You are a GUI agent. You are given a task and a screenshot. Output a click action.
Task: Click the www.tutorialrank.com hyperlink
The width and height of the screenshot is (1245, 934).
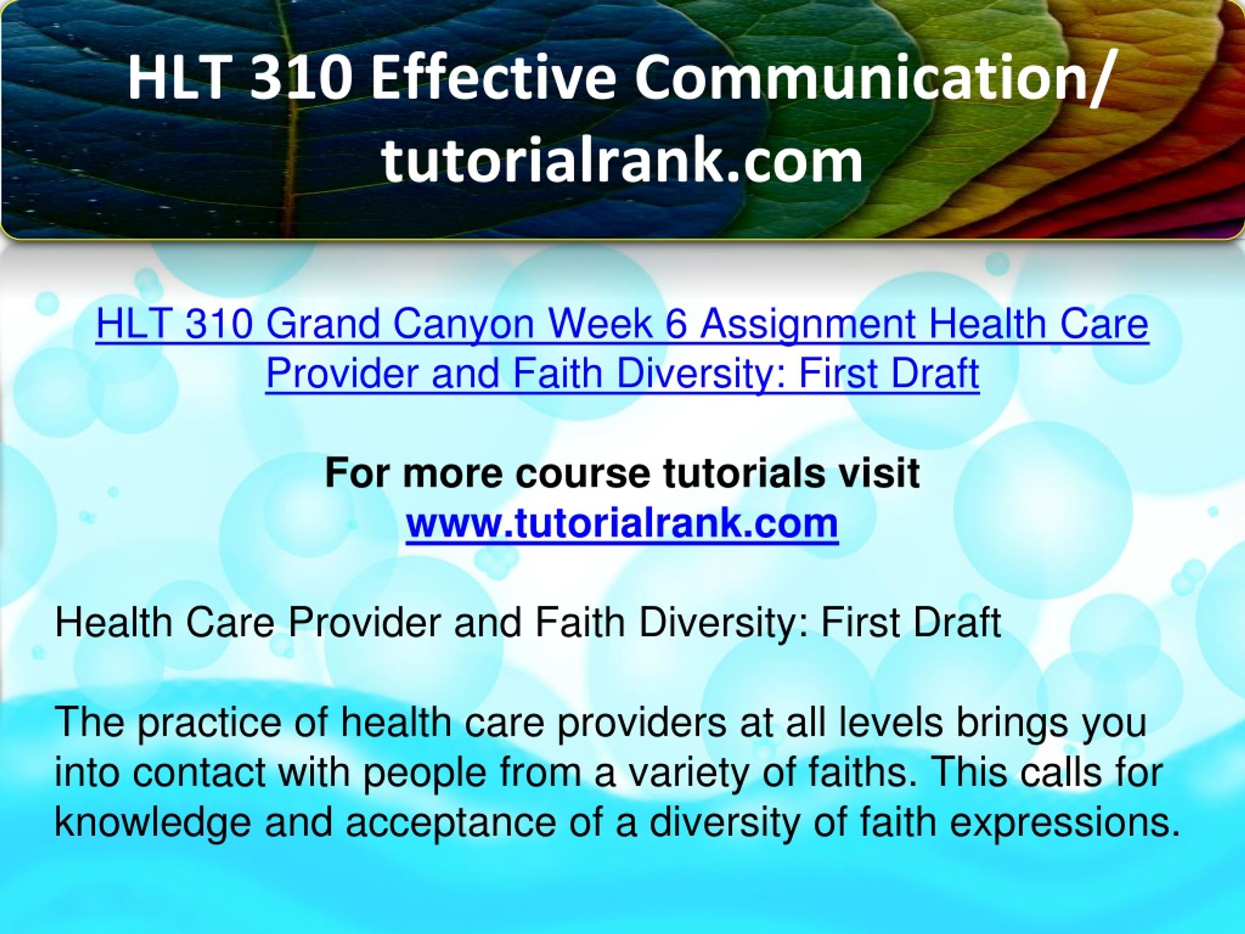(x=622, y=524)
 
